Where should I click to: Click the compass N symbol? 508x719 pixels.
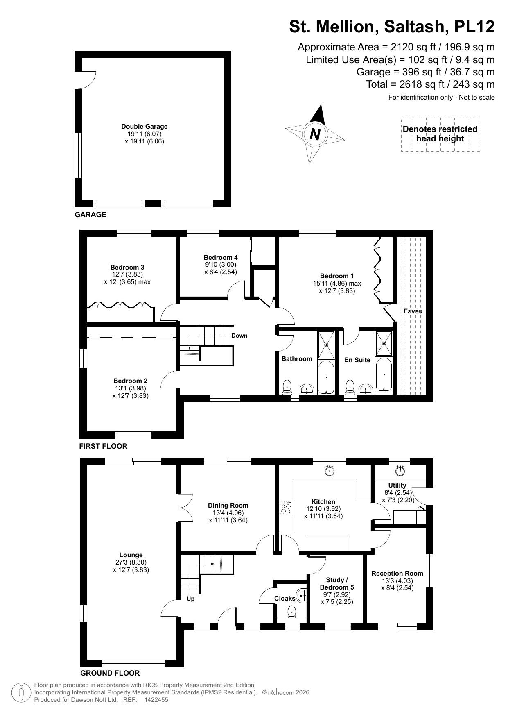(x=315, y=134)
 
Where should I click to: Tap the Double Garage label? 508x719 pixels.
(x=144, y=127)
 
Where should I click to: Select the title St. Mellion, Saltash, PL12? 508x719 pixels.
(x=392, y=27)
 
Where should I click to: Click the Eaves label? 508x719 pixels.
(x=413, y=311)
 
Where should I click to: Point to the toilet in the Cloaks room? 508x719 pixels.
(x=291, y=612)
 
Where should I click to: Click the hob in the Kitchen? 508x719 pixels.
(x=286, y=508)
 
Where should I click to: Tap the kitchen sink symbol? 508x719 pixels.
(x=330, y=471)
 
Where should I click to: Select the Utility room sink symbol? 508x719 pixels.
(x=400, y=471)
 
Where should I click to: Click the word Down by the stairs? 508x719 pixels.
(x=239, y=336)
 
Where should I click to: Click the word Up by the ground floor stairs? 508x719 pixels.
(x=190, y=599)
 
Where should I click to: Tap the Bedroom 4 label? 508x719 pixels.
(x=221, y=257)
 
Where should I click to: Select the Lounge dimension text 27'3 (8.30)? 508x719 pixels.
(x=131, y=562)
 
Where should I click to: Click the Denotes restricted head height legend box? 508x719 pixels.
(x=440, y=134)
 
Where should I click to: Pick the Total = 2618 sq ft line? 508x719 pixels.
(x=430, y=84)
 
